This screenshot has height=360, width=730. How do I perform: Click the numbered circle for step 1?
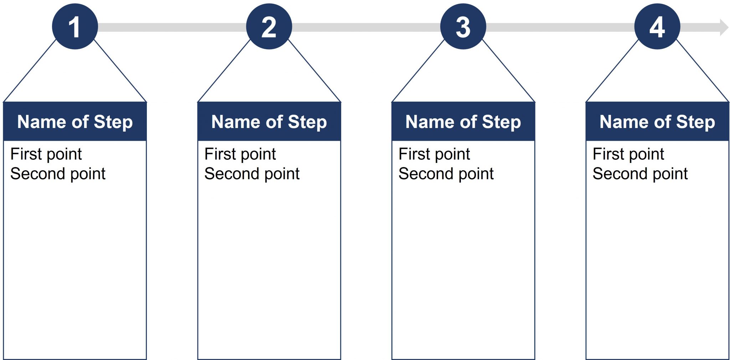coord(75,27)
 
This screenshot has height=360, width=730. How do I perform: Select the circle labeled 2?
coord(269,27)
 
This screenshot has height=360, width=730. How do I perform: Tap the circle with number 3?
coord(463,27)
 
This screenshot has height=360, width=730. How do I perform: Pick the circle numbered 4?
coord(657,27)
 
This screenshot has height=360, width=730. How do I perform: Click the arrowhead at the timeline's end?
coord(724,27)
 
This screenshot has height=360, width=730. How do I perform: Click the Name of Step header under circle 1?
coord(75,122)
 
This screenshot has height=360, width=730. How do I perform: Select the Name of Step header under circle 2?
coord(269,122)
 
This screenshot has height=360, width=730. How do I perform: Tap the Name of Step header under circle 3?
coord(463,122)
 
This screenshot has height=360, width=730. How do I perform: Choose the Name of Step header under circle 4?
coord(657,122)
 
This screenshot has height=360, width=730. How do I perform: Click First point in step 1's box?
coord(46,154)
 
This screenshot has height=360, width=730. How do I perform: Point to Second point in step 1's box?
coord(58,174)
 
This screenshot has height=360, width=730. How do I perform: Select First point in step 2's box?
coord(240,154)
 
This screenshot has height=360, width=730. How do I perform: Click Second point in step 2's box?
coord(252,174)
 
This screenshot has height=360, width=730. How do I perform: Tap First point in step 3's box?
coord(434,154)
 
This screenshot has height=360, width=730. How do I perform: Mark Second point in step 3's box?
coord(446,174)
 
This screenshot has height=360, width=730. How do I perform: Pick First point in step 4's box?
coord(628,154)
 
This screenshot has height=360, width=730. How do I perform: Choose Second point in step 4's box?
coord(640,174)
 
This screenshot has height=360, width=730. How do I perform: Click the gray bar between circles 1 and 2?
coord(172,27)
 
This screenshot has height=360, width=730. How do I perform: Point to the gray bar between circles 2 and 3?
coord(366,27)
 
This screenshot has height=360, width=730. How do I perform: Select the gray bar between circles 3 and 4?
coord(560,27)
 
